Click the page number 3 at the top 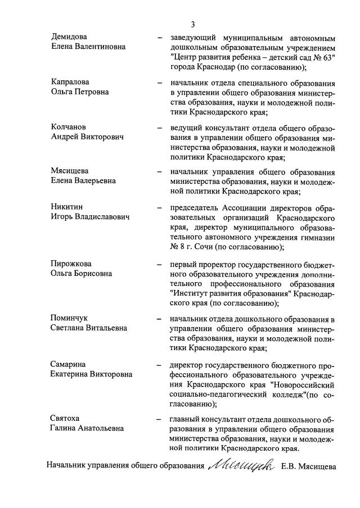click(193, 24)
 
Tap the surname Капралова click(70, 82)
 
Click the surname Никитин click(67, 207)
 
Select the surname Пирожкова click(71, 264)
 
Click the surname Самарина click(69, 364)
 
